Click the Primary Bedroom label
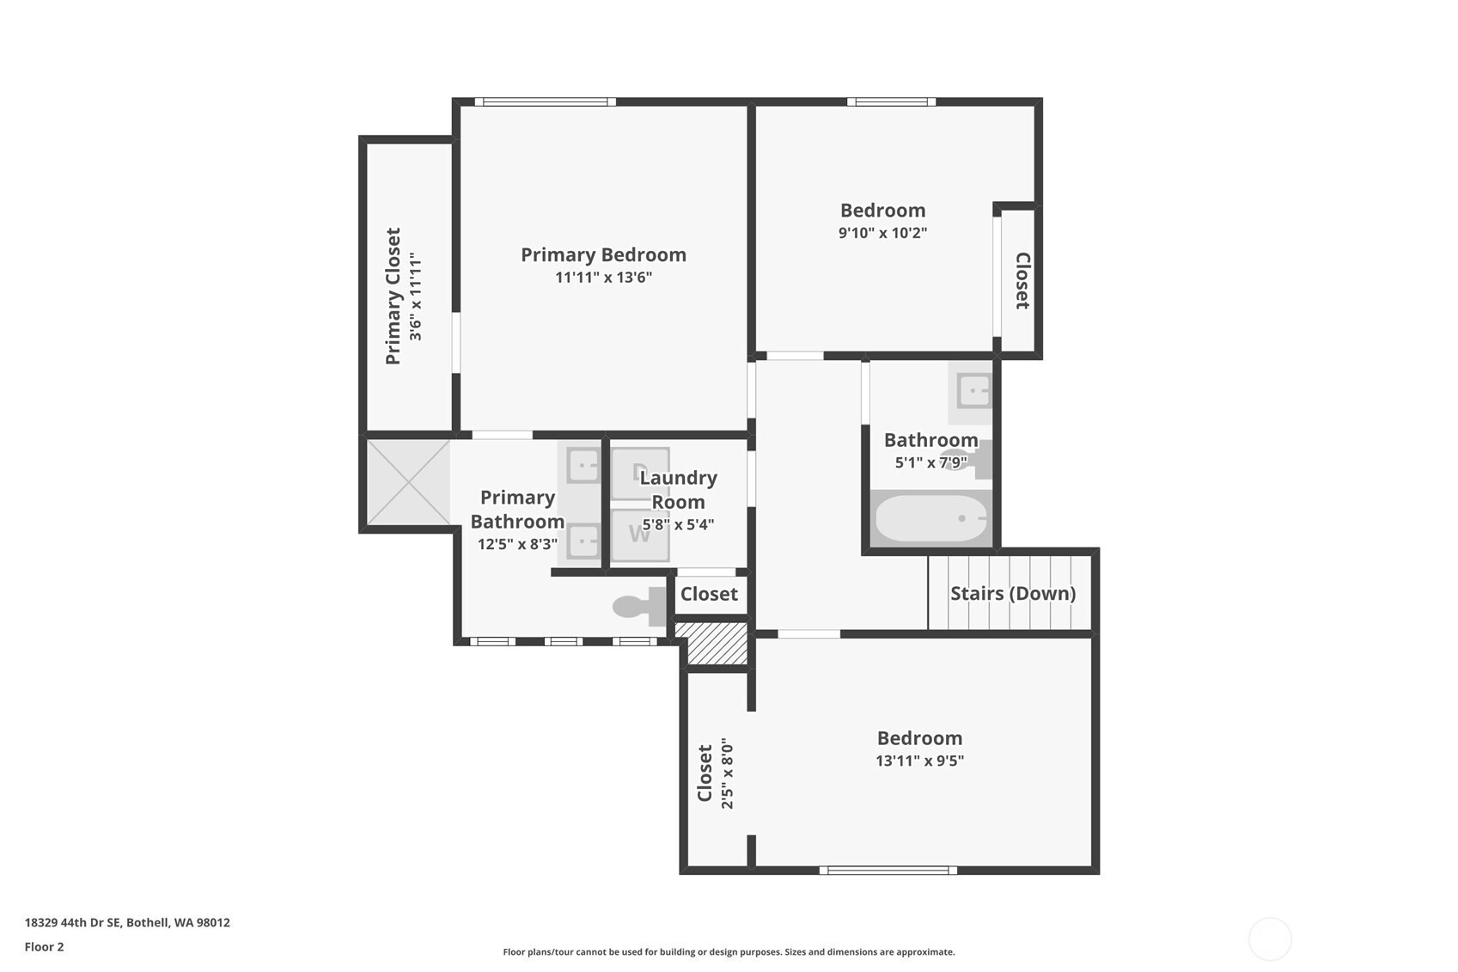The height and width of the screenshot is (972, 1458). [x=603, y=254]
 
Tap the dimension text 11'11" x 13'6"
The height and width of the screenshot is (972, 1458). [x=603, y=278]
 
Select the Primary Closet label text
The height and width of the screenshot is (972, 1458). [x=393, y=296]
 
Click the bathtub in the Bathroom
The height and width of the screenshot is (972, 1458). [x=931, y=518]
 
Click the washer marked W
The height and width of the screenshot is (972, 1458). [x=639, y=535]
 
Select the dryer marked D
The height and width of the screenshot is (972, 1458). [x=638, y=472]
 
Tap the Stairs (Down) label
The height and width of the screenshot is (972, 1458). [x=1012, y=593]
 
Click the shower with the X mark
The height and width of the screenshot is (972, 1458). [x=408, y=481]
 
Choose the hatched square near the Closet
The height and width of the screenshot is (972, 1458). [x=711, y=644]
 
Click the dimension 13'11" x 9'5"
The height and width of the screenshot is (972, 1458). [x=919, y=761]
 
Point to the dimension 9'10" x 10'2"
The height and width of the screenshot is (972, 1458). [x=882, y=233]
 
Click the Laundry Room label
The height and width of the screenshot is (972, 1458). [x=678, y=490]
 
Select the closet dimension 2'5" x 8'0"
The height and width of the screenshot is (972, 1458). [x=727, y=773]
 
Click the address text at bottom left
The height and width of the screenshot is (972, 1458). [x=127, y=922]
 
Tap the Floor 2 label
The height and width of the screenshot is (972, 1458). [x=44, y=947]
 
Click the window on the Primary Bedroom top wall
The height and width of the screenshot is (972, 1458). [x=546, y=101]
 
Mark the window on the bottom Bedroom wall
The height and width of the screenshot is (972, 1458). [x=888, y=870]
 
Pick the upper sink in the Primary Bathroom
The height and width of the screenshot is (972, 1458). [x=583, y=466]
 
